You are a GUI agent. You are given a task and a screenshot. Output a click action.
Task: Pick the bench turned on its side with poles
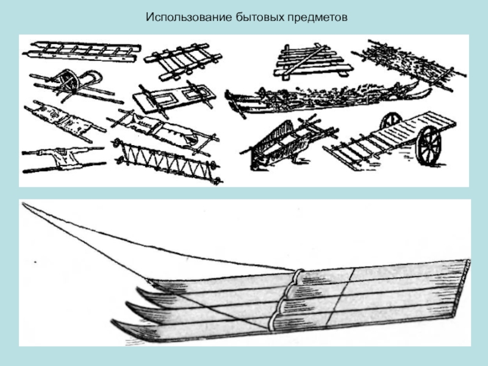(x=287, y=143)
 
